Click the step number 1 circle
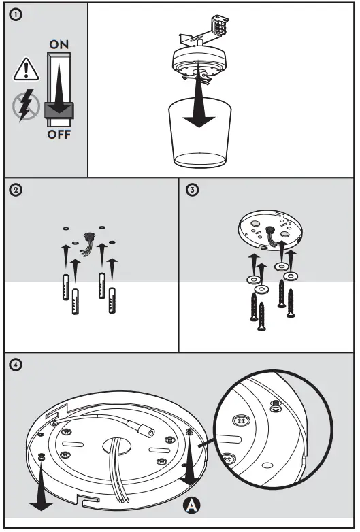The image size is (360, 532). [16, 14]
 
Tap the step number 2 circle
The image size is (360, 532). [16, 190]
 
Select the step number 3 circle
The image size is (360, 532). [193, 190]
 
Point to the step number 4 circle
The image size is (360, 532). [16, 365]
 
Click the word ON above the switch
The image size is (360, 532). [59, 44]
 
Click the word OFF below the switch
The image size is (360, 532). [59, 135]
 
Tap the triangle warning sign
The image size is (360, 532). [27, 69]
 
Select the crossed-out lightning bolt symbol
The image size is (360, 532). [26, 105]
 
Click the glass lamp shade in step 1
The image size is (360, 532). [200, 134]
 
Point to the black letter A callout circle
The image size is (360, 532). [192, 505]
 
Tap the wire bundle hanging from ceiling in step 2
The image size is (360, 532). [88, 244]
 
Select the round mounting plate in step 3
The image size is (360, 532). [270, 230]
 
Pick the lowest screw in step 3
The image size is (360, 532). [261, 316]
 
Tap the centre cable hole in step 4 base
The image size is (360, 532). [116, 446]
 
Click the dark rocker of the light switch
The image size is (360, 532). [59, 110]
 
